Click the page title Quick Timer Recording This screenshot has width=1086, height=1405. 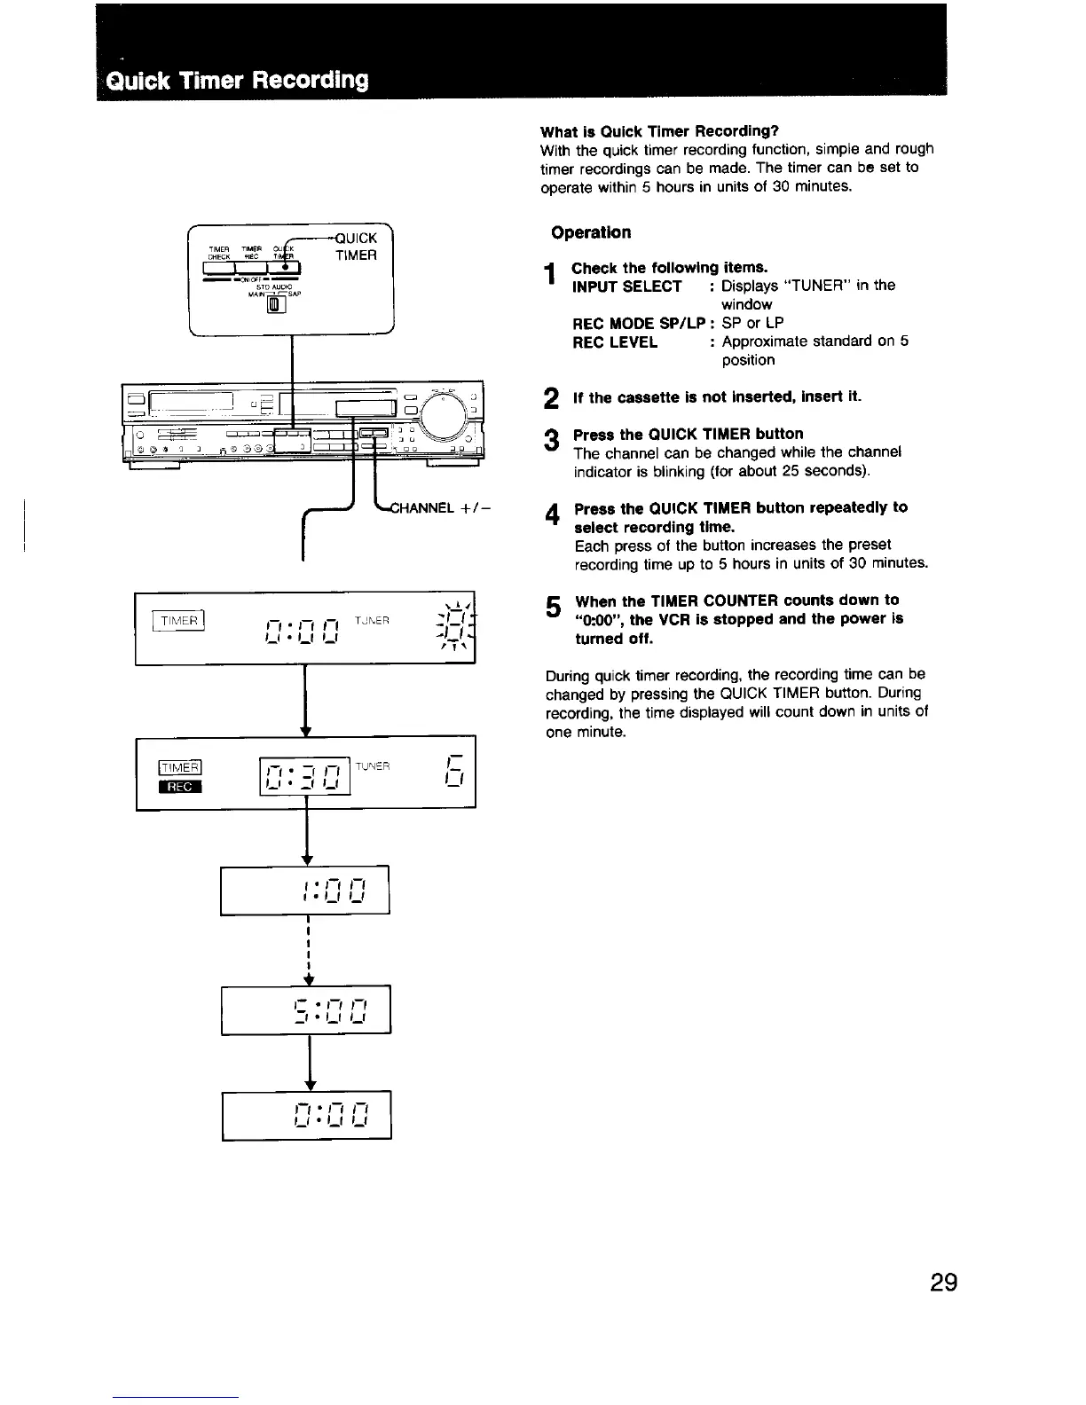[x=237, y=80]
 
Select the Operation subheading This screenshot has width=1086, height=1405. [x=591, y=232]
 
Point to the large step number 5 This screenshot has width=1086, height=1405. [x=553, y=607]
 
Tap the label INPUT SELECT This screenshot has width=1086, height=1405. [x=627, y=286]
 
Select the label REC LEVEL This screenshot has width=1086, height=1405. [x=615, y=341]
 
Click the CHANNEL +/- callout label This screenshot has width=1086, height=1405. [x=441, y=509]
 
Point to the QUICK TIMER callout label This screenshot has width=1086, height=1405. [x=356, y=247]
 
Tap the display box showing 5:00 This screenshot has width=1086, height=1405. [x=306, y=1009]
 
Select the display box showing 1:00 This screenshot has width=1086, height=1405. [x=305, y=889]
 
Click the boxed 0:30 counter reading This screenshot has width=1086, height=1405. [x=305, y=772]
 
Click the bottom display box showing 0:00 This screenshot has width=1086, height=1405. [x=306, y=1114]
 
